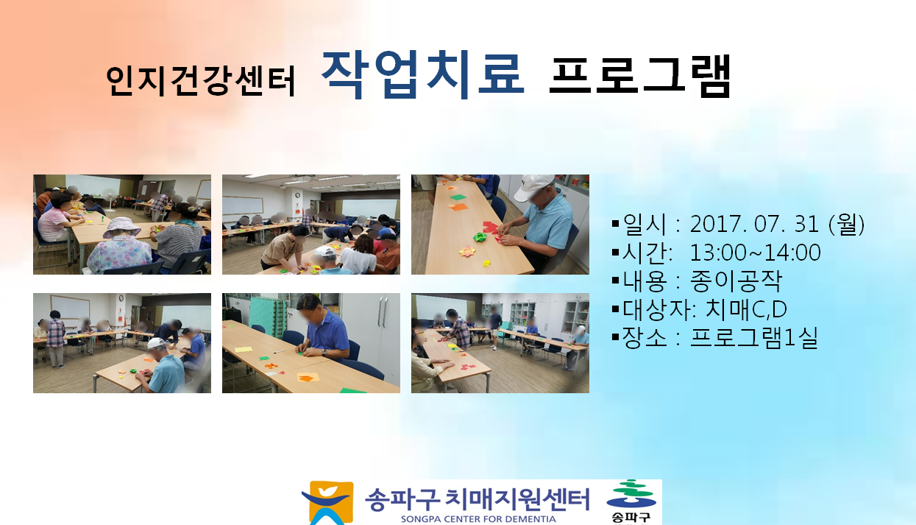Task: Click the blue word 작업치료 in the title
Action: [422, 75]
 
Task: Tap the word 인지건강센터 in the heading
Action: [200, 80]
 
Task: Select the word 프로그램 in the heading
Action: [639, 76]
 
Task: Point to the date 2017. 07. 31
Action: [754, 224]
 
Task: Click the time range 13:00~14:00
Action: [755, 252]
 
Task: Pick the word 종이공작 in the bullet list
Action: [736, 281]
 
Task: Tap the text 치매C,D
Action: [746, 309]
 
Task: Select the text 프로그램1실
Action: [753, 337]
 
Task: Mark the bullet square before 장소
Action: [615, 337]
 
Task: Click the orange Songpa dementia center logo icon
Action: [328, 503]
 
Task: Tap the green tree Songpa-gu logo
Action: [631, 494]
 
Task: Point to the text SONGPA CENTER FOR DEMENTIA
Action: [478, 519]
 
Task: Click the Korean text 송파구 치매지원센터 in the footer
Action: [477, 499]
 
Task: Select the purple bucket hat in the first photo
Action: [121, 228]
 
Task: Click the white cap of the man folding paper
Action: [533, 187]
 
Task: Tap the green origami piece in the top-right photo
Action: [478, 236]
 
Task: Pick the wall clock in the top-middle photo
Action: [298, 195]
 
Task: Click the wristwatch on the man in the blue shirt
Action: [324, 352]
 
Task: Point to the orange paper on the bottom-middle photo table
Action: [306, 377]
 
